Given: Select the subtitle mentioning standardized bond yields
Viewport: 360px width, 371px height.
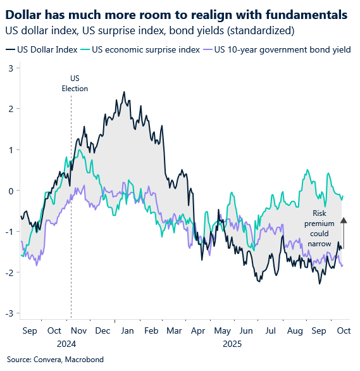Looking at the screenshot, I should click(x=144, y=30).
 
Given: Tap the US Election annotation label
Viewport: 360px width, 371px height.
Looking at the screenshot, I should click(x=75, y=84).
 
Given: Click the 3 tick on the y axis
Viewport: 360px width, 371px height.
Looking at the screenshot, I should click(x=9, y=68).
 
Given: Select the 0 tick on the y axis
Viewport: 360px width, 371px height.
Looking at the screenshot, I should click(x=9, y=191).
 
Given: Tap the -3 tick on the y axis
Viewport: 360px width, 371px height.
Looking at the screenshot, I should click(x=8, y=313).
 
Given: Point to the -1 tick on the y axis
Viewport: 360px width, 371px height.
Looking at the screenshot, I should click(x=8, y=232).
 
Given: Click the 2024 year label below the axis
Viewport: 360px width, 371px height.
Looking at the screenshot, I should click(x=66, y=344).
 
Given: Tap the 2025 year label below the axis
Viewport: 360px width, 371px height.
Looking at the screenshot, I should click(x=233, y=344).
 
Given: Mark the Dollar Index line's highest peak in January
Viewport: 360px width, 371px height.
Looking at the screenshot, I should click(x=124, y=92).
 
